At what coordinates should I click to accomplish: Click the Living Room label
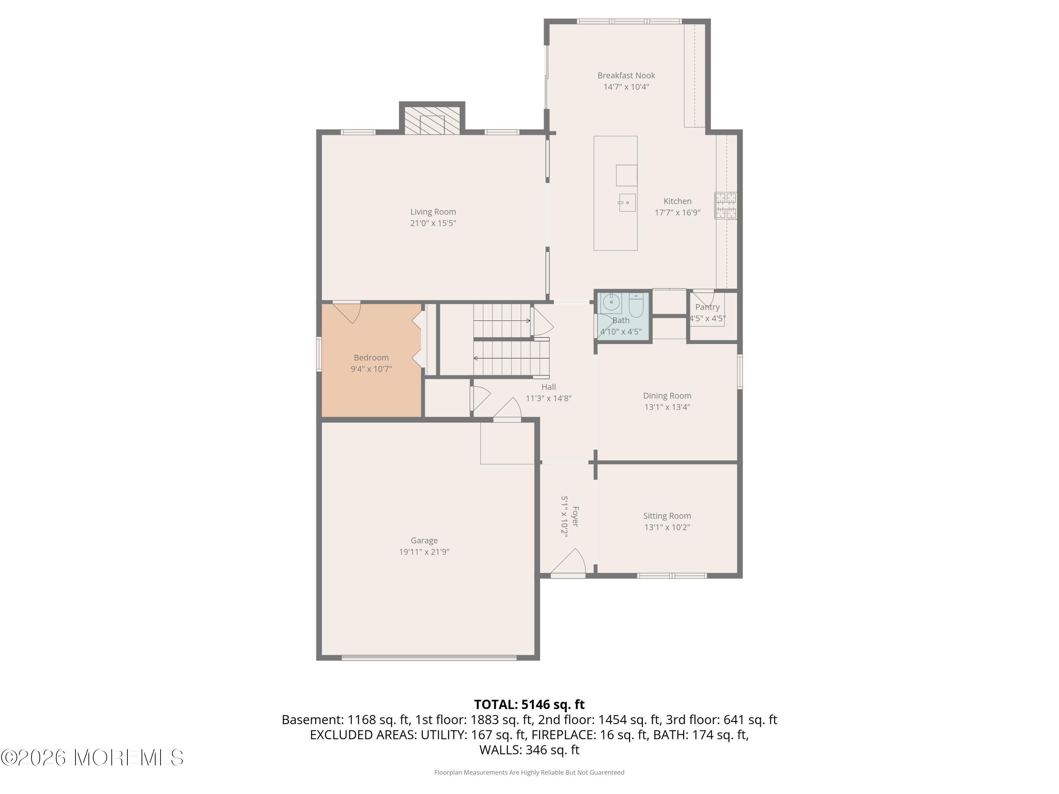[x=433, y=211]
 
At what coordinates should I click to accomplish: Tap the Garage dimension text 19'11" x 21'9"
[x=424, y=552]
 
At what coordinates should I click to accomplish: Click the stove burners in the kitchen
[x=725, y=206]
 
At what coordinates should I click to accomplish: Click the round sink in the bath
[x=611, y=302]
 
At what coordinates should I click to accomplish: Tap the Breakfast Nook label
[x=626, y=75]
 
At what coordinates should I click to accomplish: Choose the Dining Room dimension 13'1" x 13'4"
[x=667, y=407]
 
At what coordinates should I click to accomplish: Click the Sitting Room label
[x=667, y=516]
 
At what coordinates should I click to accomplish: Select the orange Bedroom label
[x=371, y=357]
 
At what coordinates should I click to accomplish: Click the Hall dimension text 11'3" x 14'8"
[x=549, y=398]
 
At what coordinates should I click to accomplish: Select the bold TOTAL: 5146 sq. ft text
[x=529, y=704]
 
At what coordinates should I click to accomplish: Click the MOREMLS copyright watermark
[x=92, y=758]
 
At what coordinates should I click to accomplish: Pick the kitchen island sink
[x=627, y=203]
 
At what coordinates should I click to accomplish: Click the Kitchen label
[x=677, y=201]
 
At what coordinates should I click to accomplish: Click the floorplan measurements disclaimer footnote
[x=529, y=772]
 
